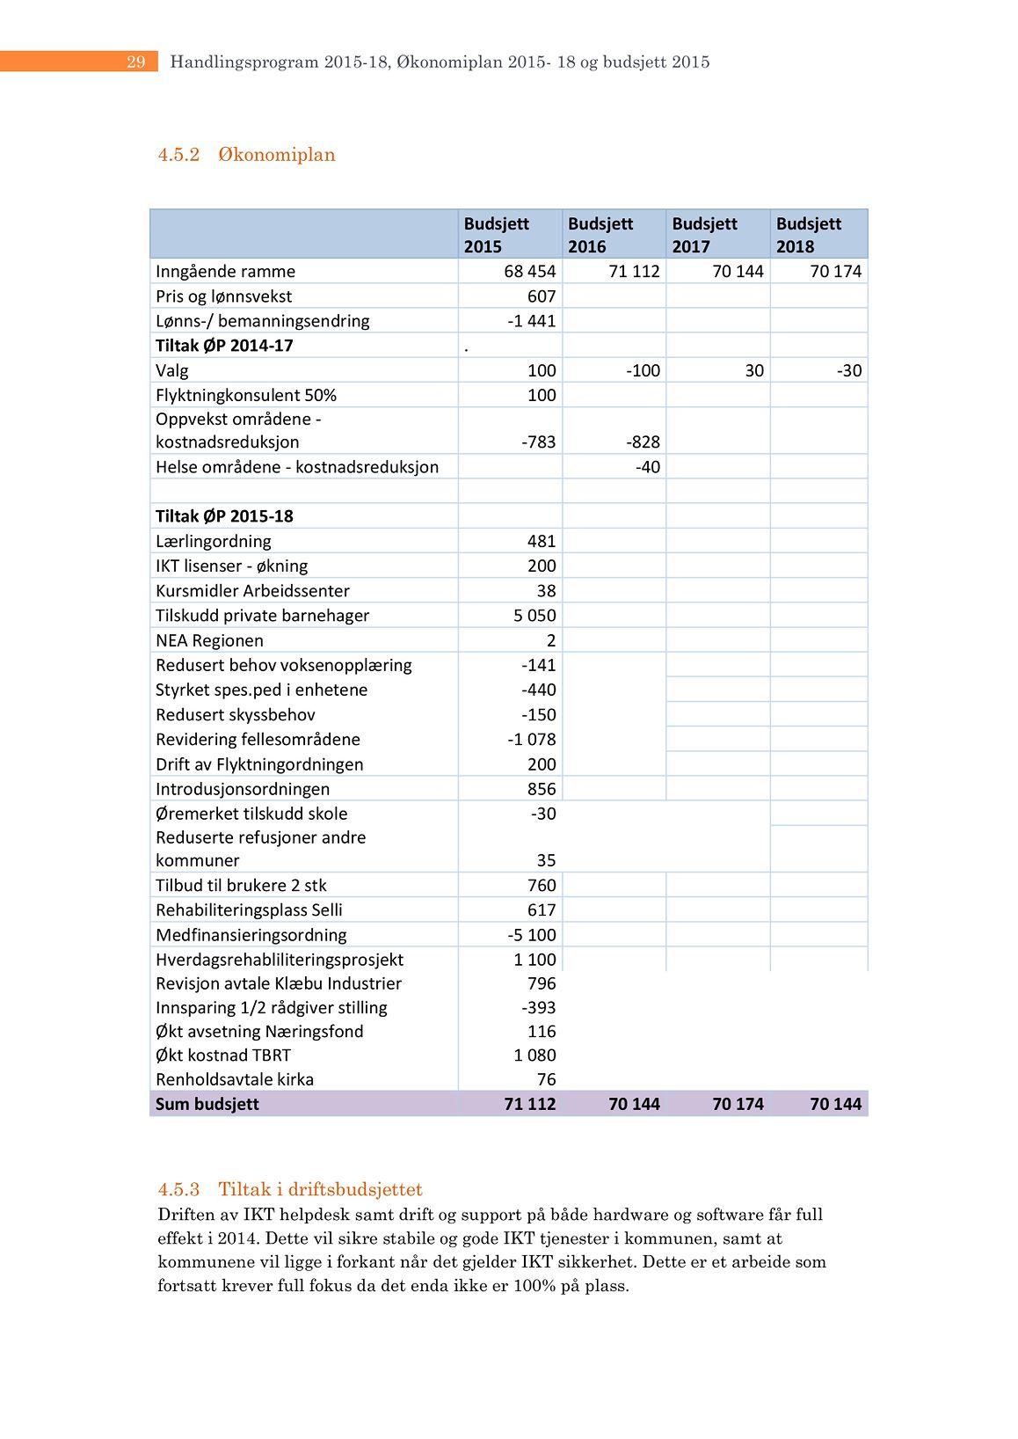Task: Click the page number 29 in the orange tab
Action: pos(135,62)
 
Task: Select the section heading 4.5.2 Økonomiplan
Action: pos(246,155)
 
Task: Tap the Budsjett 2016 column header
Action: pos(600,235)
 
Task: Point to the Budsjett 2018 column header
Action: pos(809,235)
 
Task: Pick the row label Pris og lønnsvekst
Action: pos(223,296)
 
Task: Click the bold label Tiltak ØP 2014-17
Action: pos(224,346)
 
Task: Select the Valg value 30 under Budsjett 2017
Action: pos(754,370)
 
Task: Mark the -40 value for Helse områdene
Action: pos(648,467)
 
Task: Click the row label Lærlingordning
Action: pos(213,541)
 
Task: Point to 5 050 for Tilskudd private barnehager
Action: pos(534,616)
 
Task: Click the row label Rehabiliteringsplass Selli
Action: pos(249,910)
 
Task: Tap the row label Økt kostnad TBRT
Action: pos(222,1056)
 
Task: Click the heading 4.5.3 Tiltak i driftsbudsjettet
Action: pos(290,1189)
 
